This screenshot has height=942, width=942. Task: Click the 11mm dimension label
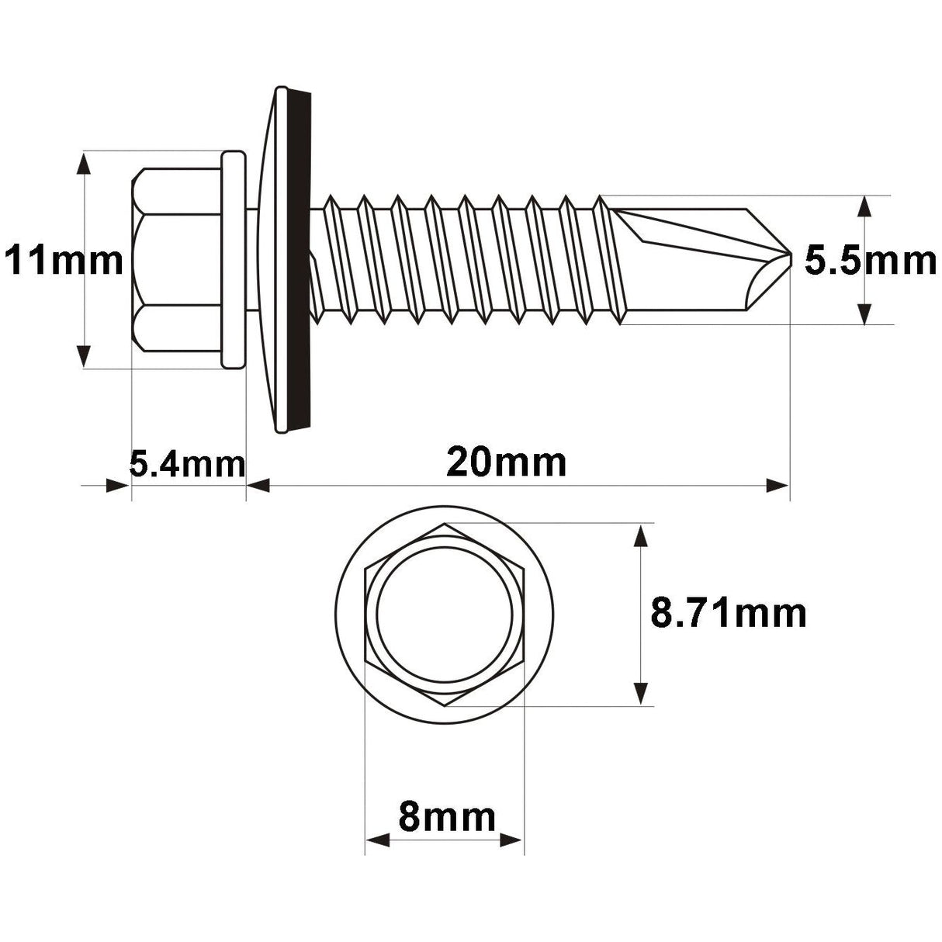(64, 261)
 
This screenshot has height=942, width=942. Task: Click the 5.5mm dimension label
(870, 261)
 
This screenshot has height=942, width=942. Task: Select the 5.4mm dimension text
(186, 465)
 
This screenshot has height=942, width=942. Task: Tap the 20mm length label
(506, 463)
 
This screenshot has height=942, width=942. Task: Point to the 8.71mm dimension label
(728, 614)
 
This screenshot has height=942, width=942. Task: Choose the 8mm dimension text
(445, 817)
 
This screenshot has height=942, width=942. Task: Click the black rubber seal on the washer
(300, 260)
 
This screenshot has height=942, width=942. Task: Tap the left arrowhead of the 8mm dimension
(377, 840)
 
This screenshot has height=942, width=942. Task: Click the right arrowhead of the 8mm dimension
(512, 840)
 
